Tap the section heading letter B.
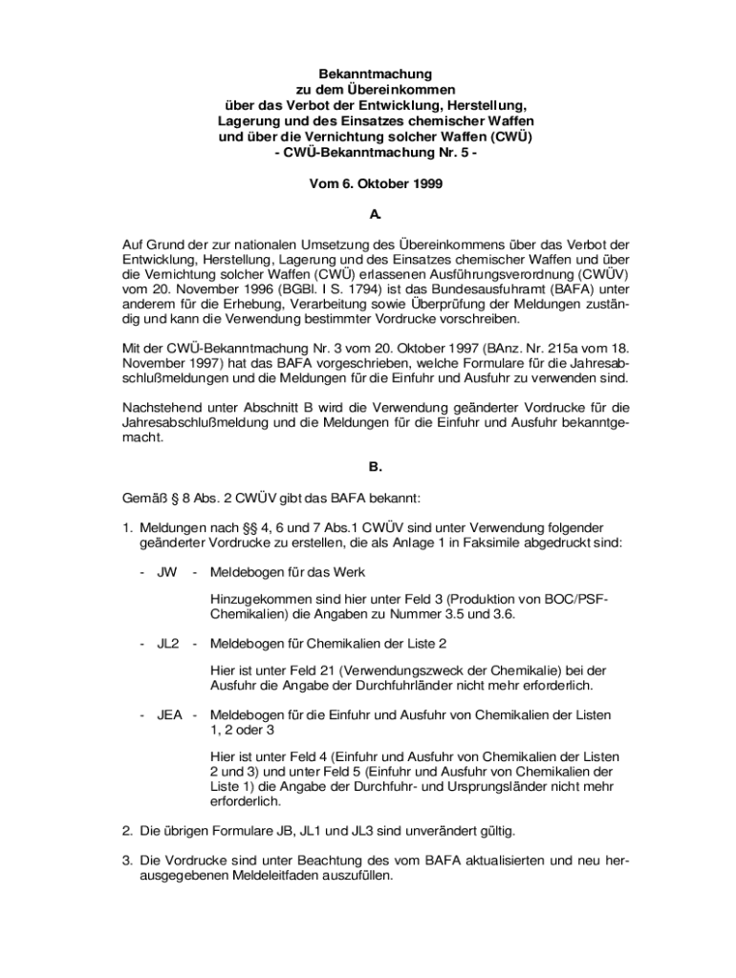click(x=376, y=467)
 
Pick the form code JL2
click(x=168, y=643)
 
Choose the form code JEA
click(x=171, y=714)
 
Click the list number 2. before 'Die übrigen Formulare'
click(x=127, y=831)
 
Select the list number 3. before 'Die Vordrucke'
click(x=127, y=861)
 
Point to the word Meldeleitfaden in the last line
click(x=285, y=876)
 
